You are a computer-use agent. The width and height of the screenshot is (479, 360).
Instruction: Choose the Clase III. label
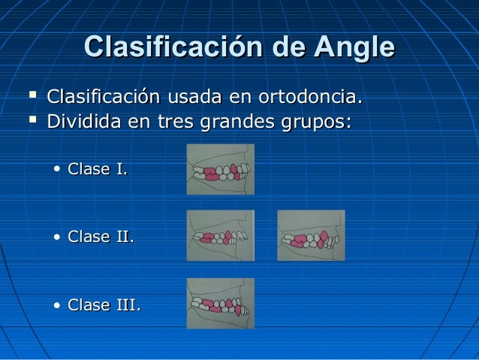coord(104,306)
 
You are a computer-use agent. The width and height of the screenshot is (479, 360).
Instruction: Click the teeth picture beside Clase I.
coord(220,170)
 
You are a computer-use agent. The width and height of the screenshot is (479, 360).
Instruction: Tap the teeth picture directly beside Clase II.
coord(220,235)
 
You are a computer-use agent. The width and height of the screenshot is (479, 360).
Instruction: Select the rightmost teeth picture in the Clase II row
coord(311,235)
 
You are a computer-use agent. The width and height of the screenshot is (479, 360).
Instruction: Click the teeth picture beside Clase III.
coord(220,303)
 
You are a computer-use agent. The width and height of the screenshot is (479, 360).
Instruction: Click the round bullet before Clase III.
coord(58,307)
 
